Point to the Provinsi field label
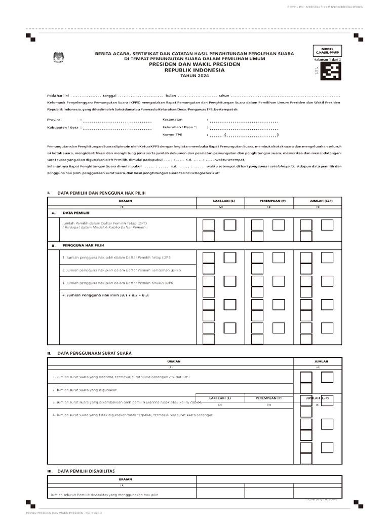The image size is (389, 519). click(x=54, y=120)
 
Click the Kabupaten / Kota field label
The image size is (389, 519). click(x=62, y=127)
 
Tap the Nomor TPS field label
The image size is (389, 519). click(x=172, y=135)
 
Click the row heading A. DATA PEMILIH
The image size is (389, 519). click(x=69, y=213)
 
